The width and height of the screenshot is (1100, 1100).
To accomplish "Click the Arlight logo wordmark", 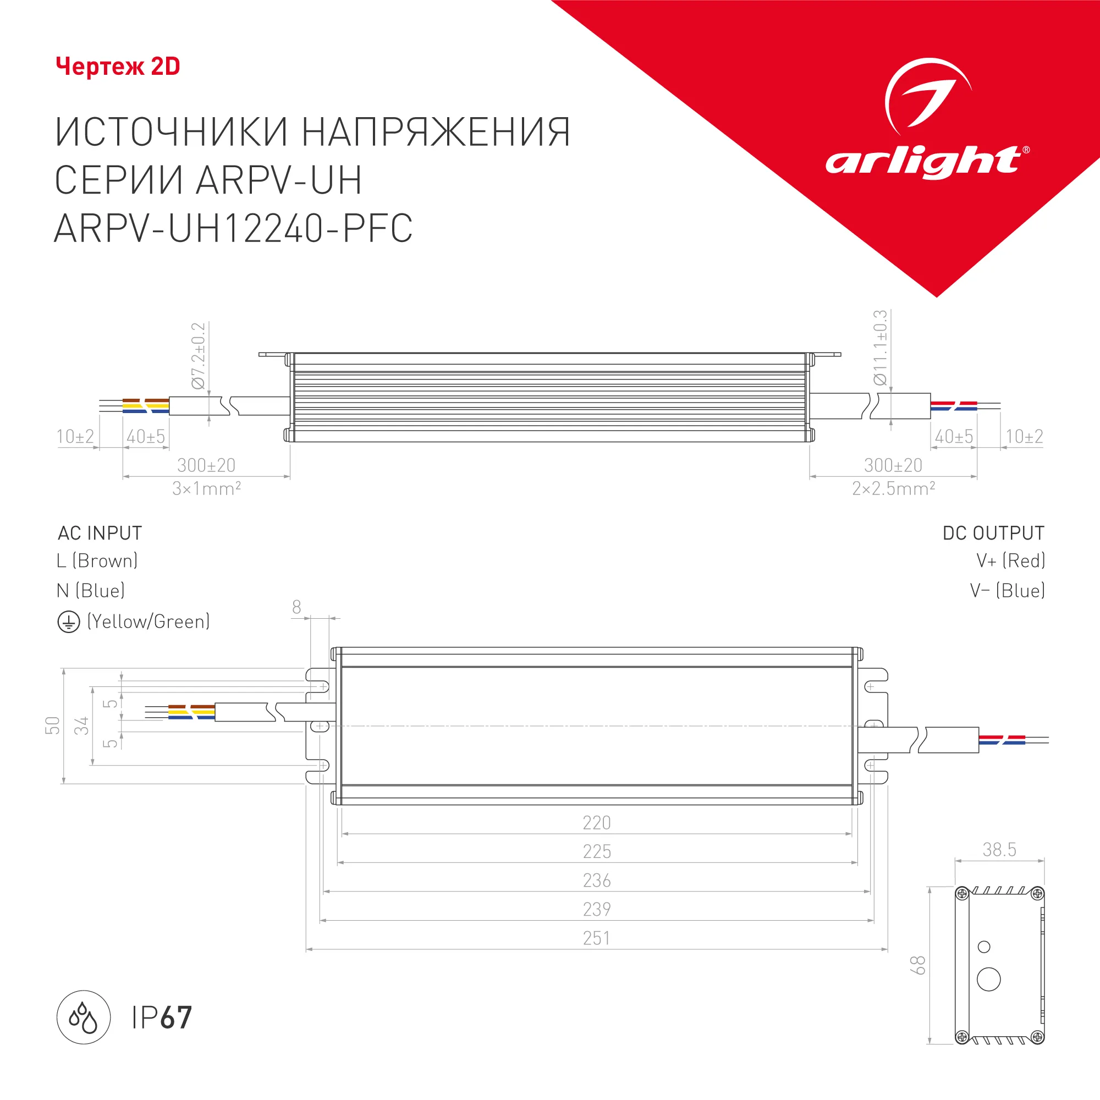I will [x=923, y=161].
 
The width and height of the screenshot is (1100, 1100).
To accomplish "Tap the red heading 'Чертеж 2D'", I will [x=118, y=67].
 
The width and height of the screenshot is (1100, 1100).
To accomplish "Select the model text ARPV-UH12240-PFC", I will [x=233, y=229].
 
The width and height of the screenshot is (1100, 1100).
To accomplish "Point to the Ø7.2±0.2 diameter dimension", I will [x=198, y=356].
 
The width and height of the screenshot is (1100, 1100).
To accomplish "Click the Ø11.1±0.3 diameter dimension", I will [x=880, y=347].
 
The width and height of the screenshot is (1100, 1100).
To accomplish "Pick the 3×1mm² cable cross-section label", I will [x=207, y=488].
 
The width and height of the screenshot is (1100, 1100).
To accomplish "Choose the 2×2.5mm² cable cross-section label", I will [x=893, y=488].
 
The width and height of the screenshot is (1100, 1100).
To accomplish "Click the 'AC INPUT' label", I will [x=100, y=533].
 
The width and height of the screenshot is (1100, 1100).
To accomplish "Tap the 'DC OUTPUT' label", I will [x=993, y=533].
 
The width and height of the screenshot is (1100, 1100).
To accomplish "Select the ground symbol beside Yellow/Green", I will [x=68, y=621].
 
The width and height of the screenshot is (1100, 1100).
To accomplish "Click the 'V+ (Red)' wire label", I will [x=1010, y=561].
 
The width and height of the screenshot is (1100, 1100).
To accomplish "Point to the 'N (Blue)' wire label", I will [x=91, y=591].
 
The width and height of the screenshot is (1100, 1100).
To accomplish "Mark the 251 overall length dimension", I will [x=596, y=938].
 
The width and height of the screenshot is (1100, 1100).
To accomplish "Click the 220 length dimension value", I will [x=596, y=823].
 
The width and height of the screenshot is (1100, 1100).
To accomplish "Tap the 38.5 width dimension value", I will [x=999, y=850].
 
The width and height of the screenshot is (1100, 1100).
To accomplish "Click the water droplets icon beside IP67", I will [x=83, y=1018].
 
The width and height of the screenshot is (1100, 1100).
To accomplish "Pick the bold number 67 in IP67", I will [x=176, y=1018].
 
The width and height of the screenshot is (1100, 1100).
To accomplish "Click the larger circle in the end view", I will [x=988, y=980].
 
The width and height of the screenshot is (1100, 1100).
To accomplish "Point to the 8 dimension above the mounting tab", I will [x=296, y=607].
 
